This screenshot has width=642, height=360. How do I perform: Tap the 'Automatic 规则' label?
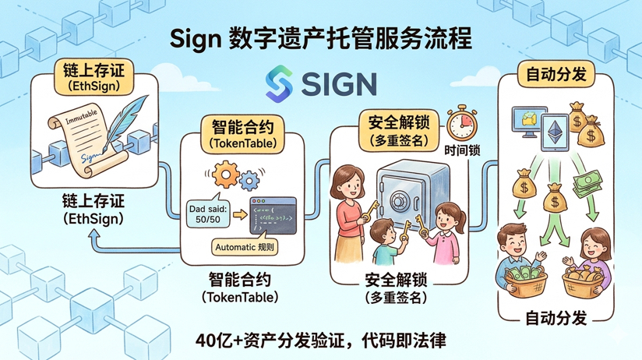tap(245, 248)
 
